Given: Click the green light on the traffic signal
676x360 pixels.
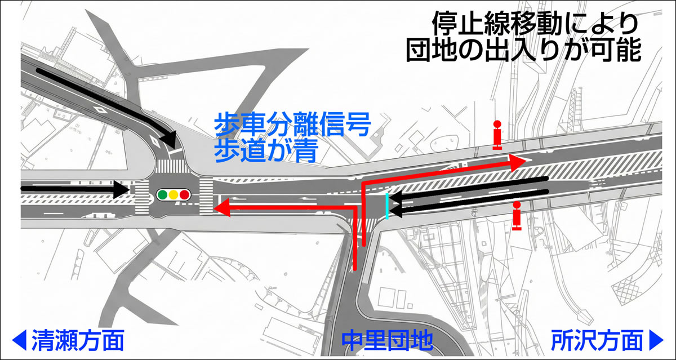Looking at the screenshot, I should coord(162,195).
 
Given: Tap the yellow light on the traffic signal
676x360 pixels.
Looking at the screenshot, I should coord(173,195).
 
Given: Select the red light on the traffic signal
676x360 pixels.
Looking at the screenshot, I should coord(184,195).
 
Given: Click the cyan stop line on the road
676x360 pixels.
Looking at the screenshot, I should coord(386,206).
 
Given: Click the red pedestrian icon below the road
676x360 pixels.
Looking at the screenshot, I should coord(517,216).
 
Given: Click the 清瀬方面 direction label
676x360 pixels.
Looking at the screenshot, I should coord(78,340).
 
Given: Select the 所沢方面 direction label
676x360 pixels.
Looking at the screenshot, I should coord(597,340).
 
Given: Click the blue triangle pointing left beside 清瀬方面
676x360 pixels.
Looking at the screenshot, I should coord(19,340).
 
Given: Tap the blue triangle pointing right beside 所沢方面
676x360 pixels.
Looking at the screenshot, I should coord(656,340).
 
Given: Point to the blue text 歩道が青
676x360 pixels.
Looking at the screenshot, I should coord(264,151).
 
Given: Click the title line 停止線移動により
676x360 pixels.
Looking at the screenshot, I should coord(535,24).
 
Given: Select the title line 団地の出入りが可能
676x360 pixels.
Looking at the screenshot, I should coord(523,51).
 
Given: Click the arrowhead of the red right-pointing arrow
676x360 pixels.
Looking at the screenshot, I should coord(518,162).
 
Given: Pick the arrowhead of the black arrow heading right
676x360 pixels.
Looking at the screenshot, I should coord(121,189).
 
